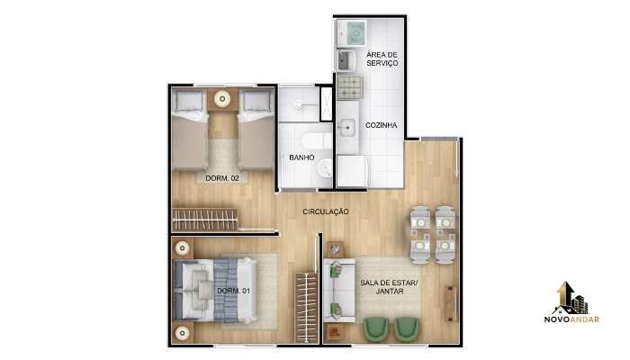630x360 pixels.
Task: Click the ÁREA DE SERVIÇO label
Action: coord(382,58)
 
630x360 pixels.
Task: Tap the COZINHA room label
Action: coord(381,125)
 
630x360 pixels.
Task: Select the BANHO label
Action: coord(301,157)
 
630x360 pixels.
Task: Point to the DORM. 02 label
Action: coord(222,178)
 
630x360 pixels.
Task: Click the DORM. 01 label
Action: coord(233,291)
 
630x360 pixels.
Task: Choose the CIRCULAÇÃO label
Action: coord(326,211)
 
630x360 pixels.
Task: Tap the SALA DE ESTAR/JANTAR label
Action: coord(389,287)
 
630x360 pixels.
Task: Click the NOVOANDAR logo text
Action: coord(571,319)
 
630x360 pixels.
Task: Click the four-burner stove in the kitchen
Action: coord(350,87)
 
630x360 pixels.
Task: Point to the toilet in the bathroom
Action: coord(317,140)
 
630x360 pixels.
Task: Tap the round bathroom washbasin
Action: coord(325,167)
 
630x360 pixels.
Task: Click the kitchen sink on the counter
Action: coord(346,128)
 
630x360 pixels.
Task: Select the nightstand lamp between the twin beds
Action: coord(222,98)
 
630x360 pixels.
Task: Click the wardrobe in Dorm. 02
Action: coord(205,220)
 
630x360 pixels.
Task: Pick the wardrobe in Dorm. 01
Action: coord(307,308)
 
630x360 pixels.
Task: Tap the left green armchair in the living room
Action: coord(375,329)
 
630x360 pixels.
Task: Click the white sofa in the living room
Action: coord(339,290)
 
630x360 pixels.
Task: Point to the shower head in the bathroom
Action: coord(299,105)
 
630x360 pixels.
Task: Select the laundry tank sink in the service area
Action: coord(345,60)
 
